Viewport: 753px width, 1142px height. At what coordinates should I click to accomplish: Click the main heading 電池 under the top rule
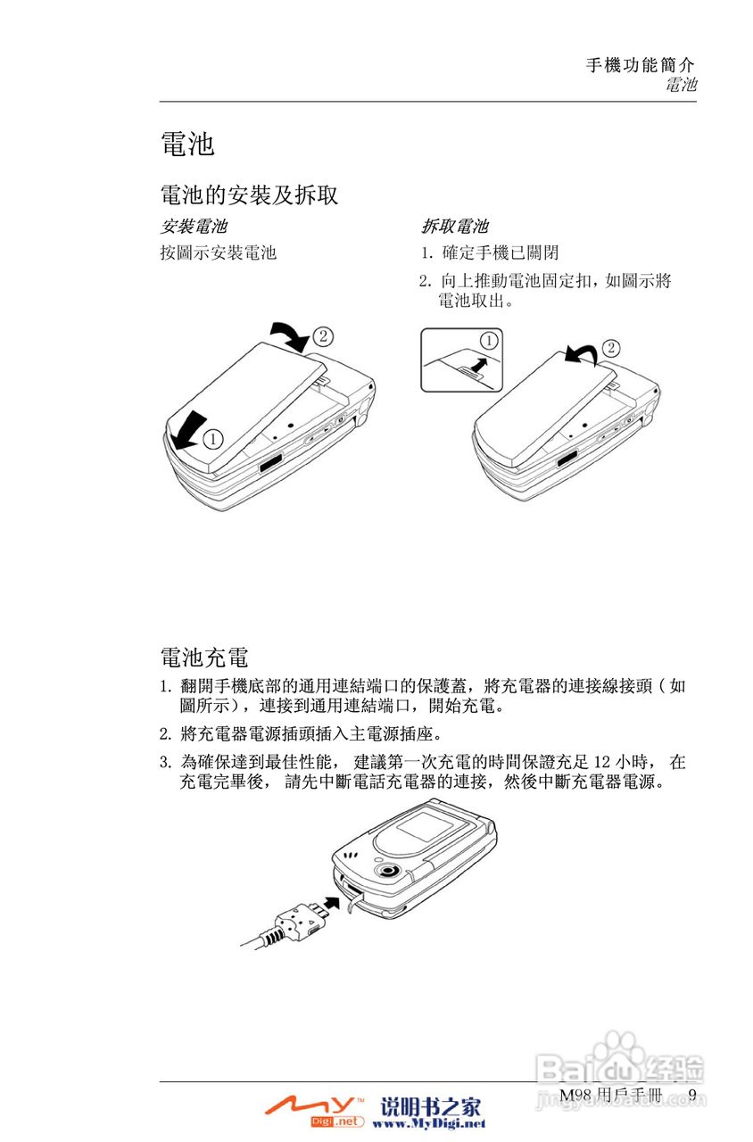[x=187, y=144]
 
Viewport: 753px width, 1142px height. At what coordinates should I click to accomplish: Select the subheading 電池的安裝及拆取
[x=249, y=194]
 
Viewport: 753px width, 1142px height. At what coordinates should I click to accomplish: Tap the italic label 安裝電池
[x=193, y=228]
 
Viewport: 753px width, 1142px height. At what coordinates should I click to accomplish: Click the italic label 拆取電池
[x=455, y=228]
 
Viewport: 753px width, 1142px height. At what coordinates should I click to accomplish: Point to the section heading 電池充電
[x=203, y=658]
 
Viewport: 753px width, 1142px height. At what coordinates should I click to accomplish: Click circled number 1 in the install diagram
[x=212, y=438]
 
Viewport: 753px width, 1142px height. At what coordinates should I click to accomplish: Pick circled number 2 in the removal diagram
[x=611, y=347]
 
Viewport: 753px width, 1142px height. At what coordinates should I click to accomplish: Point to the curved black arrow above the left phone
[x=291, y=335]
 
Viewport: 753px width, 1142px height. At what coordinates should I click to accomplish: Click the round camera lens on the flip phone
[x=387, y=871]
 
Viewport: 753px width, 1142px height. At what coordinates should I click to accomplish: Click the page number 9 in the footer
[x=692, y=1095]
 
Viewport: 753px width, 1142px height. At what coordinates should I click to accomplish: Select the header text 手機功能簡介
[x=641, y=65]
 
